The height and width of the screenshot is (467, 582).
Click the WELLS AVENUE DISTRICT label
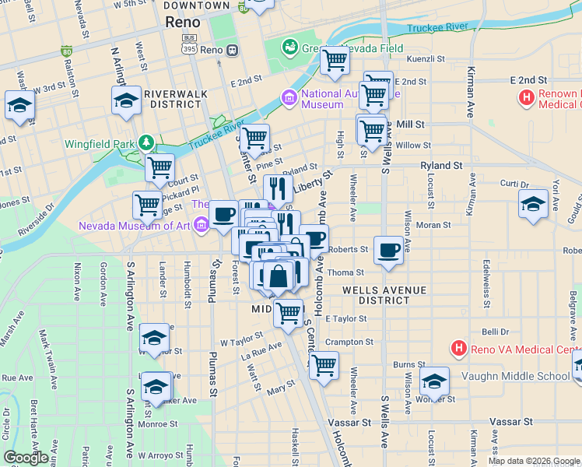tap(384, 295)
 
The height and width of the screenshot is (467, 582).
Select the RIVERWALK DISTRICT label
tap(177, 98)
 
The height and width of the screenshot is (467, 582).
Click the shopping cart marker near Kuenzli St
tap(335, 60)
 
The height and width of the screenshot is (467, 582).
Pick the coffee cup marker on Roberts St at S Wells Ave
tap(388, 251)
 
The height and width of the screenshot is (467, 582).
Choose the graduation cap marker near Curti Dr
tap(533, 204)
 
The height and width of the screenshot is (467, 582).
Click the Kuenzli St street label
tap(426, 58)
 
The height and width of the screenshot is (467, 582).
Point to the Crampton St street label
tap(349, 342)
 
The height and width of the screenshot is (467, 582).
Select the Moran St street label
tap(434, 225)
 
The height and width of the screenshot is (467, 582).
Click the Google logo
tap(26, 458)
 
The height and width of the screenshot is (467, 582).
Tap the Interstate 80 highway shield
tap(66, 52)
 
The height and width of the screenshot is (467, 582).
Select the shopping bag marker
tap(278, 276)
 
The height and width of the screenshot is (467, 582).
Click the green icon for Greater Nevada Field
tap(290, 47)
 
